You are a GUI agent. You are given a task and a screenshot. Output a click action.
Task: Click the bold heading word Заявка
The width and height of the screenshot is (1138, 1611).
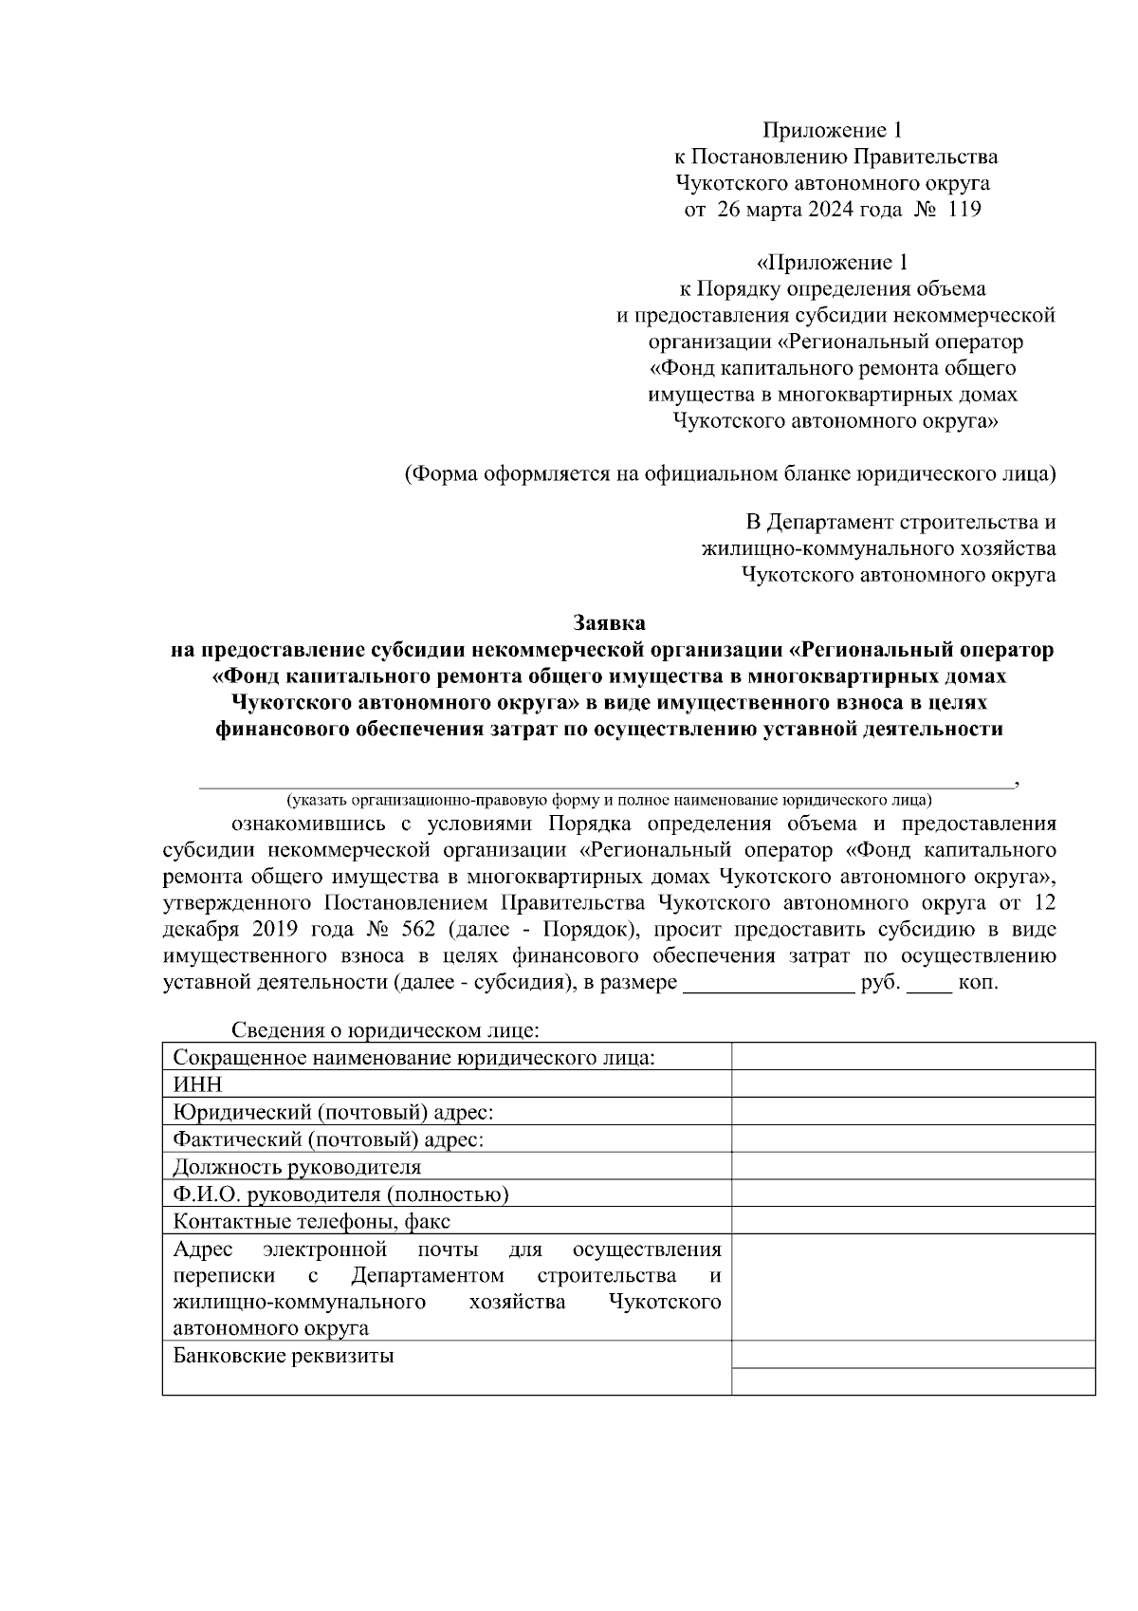tap(610, 623)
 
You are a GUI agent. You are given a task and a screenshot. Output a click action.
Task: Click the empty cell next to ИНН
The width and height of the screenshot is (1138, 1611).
tap(912, 1084)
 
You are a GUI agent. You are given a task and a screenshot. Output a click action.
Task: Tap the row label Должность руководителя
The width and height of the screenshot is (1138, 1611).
tap(297, 1167)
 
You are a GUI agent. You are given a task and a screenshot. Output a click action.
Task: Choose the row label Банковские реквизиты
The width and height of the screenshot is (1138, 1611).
tap(284, 1356)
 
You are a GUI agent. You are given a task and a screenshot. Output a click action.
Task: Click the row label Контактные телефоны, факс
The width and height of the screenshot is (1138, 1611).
tap(312, 1221)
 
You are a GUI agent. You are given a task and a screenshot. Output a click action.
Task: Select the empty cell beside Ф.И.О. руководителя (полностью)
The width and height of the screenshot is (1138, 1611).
tap(912, 1194)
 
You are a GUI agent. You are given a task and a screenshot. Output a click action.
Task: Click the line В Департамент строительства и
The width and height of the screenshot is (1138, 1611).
tap(900, 522)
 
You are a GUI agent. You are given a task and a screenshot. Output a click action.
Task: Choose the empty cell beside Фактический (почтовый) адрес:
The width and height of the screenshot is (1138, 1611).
tap(912, 1139)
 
